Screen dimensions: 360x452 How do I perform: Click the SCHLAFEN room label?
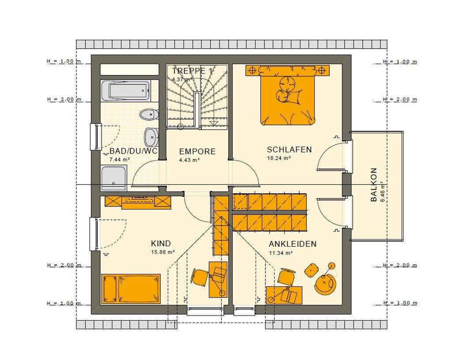click(290, 150)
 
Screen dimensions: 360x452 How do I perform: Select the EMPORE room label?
click(197, 152)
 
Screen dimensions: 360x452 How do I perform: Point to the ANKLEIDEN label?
click(292, 244)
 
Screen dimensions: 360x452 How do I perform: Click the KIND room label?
click(161, 244)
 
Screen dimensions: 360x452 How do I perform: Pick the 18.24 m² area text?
click(278, 158)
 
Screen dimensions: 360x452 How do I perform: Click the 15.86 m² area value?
click(163, 253)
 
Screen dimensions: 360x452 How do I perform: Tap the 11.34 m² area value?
click(281, 253)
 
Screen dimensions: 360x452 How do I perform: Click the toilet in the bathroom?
click(148, 115)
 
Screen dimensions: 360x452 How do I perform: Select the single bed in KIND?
click(131, 289)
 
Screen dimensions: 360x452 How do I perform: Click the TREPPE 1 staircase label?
click(192, 71)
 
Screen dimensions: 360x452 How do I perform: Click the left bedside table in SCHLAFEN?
click(252, 70)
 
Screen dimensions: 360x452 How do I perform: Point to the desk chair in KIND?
click(200, 276)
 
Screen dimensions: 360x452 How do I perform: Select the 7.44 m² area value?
click(119, 160)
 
